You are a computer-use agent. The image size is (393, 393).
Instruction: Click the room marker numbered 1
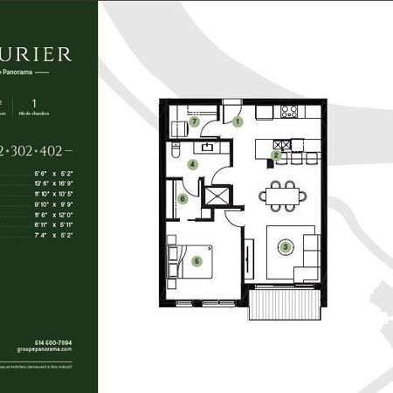[x=238, y=123]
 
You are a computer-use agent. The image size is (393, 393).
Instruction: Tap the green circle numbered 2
[x=275, y=155]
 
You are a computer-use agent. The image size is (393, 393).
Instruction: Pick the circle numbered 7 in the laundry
[x=196, y=123]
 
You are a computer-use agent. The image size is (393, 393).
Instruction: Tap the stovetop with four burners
[x=289, y=112]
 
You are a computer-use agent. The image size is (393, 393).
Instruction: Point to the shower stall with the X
[x=214, y=194]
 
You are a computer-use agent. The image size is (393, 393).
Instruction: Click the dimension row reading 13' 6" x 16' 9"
[x=66, y=184]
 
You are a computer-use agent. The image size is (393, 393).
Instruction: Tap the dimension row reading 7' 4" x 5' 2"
[x=66, y=235]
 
